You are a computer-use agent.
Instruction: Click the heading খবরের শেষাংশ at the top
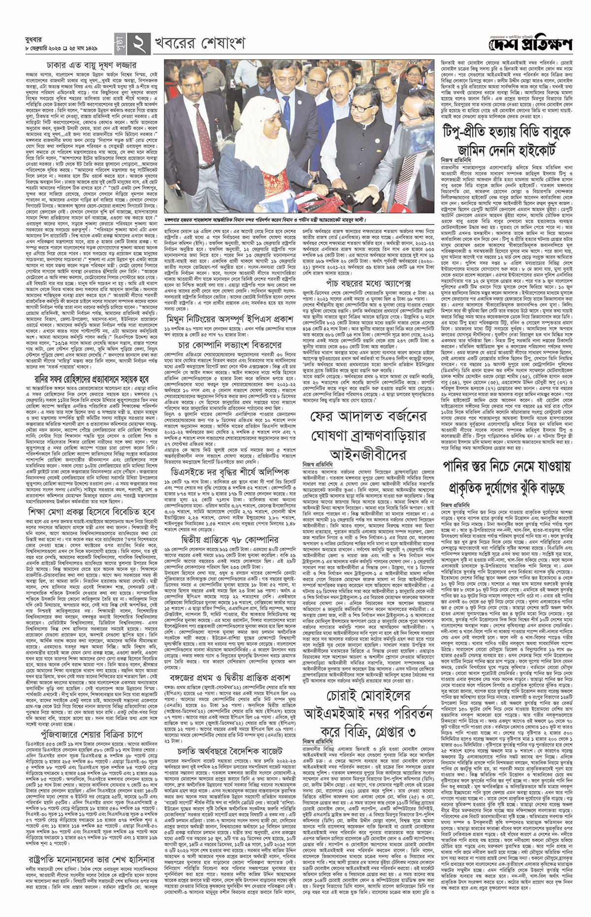pos(200,44)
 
